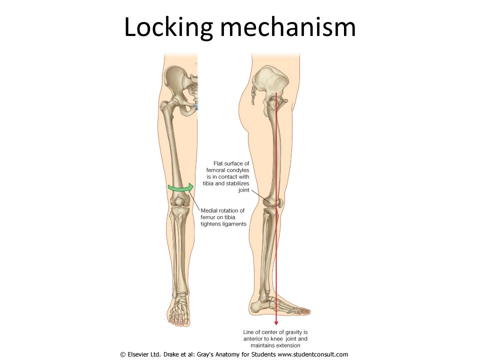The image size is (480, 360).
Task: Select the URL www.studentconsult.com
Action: [x=312, y=354]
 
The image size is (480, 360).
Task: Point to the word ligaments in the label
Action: [x=235, y=224]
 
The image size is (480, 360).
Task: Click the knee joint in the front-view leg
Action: [x=178, y=202]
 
